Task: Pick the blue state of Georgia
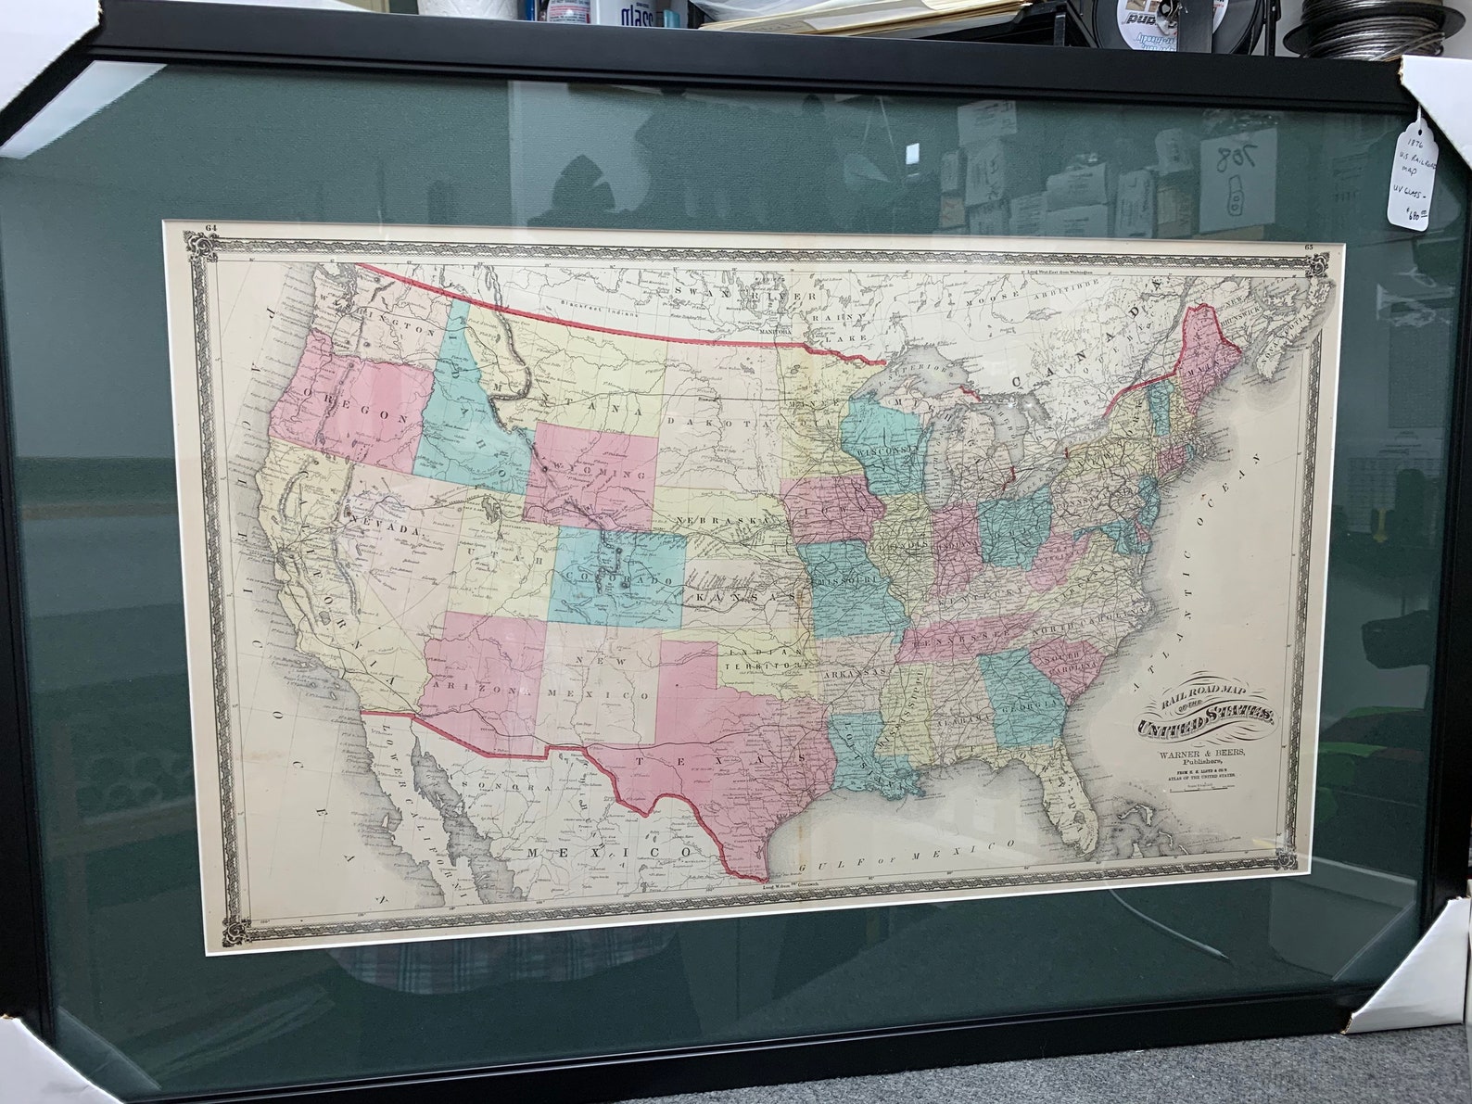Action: (1023, 700)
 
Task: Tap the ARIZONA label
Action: (482, 691)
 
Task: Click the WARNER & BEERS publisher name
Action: (1197, 752)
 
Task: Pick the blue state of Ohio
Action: (1016, 528)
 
